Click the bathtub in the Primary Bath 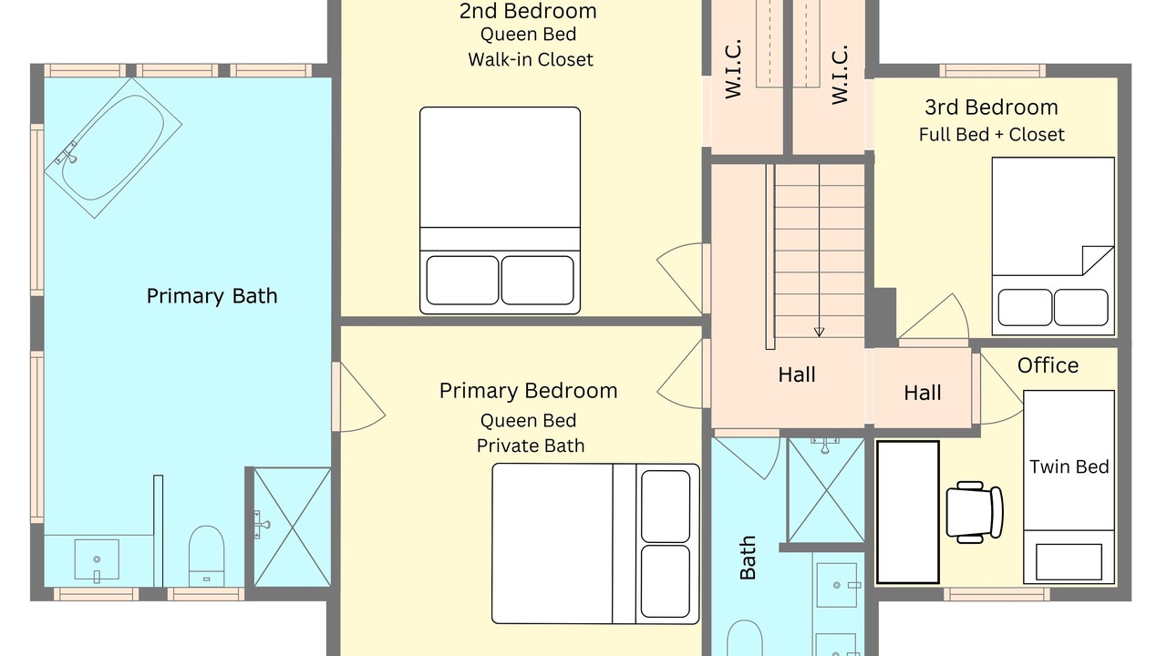(113, 148)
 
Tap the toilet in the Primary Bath (206, 556)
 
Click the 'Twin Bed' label (1069, 466)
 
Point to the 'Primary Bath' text (212, 296)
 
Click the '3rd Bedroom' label (991, 108)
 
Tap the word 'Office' (1048, 365)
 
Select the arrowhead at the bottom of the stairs (819, 332)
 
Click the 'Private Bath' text (531, 446)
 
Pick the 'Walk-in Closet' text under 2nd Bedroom (531, 59)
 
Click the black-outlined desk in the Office (908, 512)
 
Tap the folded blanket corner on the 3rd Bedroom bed (1097, 261)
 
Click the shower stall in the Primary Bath (293, 527)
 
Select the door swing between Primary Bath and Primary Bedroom (363, 396)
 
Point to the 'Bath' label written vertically (748, 558)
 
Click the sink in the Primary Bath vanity (97, 560)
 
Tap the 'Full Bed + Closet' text (991, 134)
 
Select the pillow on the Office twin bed (1069, 562)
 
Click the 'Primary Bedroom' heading (528, 391)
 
